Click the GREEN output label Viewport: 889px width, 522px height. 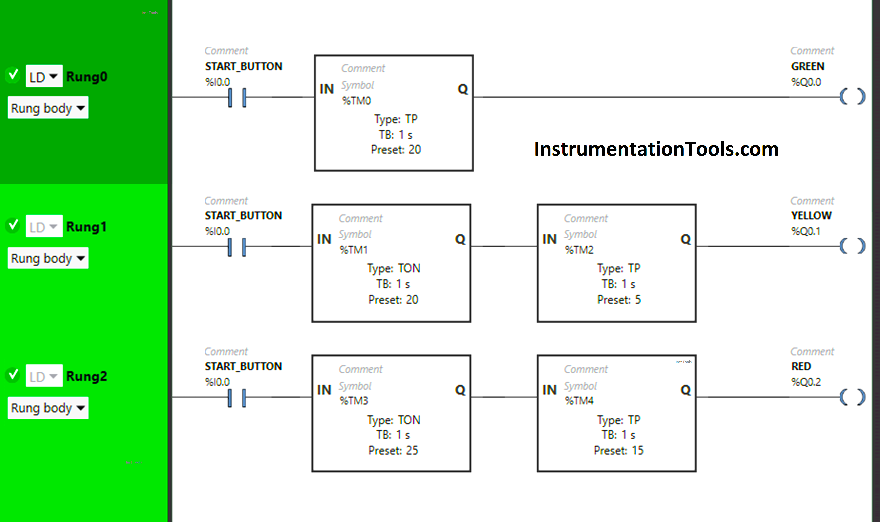click(808, 66)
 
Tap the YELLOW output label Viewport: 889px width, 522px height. click(811, 215)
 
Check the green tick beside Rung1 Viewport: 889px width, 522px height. click(13, 225)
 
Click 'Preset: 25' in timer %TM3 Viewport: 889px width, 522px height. click(393, 450)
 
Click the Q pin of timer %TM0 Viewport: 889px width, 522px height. click(462, 89)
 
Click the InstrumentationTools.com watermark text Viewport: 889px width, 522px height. click(656, 149)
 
